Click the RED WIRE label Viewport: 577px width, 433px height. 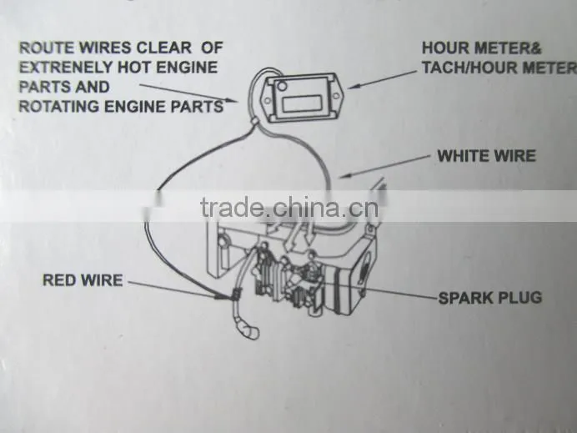click(x=83, y=280)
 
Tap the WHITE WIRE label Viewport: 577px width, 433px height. click(x=486, y=156)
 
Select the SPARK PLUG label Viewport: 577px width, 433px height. click(x=490, y=298)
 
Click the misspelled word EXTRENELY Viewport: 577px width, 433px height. click(x=66, y=68)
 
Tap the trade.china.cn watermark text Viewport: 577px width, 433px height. click(x=289, y=208)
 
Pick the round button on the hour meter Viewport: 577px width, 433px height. click(x=282, y=87)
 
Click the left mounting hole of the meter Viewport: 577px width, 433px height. click(x=268, y=100)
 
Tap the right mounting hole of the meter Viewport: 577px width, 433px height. click(x=336, y=96)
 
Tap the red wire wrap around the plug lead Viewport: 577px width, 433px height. click(x=235, y=294)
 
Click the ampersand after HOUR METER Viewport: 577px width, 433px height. click(x=535, y=48)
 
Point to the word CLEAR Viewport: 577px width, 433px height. click(x=163, y=48)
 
